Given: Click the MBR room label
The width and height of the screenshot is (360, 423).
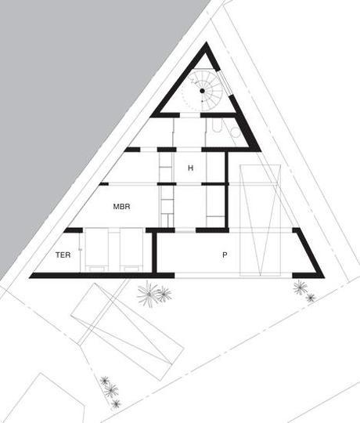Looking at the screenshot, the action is (x=121, y=207).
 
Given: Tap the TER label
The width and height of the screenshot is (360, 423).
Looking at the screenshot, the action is (x=63, y=255).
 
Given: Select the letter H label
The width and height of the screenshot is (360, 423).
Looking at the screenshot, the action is (x=190, y=168).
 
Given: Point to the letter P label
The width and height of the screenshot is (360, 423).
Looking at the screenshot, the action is (x=225, y=255).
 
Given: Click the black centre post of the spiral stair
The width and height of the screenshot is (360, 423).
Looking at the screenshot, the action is (x=202, y=91).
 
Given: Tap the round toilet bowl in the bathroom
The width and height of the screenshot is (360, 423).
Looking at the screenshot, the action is (x=236, y=132).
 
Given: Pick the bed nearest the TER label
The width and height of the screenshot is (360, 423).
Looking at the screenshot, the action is (x=97, y=250).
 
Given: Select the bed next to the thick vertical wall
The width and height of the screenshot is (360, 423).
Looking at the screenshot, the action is (x=131, y=250).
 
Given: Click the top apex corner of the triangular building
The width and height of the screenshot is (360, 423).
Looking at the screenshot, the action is (x=207, y=42).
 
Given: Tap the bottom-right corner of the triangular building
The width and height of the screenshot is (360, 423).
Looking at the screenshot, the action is (x=324, y=277).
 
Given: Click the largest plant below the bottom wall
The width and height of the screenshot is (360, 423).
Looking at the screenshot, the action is (x=148, y=294).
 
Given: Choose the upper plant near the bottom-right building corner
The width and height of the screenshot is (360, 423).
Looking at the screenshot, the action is (x=301, y=287).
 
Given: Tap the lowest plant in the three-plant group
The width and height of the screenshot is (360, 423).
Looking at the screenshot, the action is (x=116, y=403).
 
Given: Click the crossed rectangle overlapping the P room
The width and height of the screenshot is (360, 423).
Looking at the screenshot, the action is (x=261, y=220).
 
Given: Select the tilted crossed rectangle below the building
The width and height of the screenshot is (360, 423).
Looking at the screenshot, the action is (x=128, y=332).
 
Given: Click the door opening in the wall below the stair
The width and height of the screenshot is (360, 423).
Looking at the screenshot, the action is (x=190, y=115).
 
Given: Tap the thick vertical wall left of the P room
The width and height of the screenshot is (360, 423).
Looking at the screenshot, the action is (x=154, y=251).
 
